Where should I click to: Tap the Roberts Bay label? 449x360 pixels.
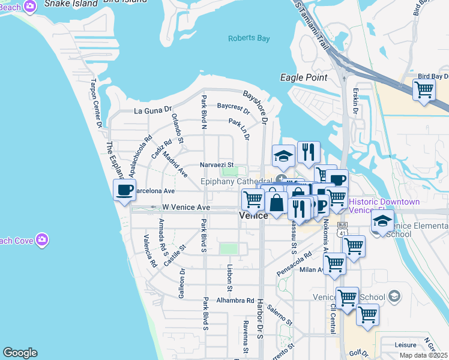pyautogui.click(x=249, y=39)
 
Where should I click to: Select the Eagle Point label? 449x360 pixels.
pyautogui.click(x=304, y=77)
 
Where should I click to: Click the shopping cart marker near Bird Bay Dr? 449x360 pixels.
pyautogui.click(x=424, y=91)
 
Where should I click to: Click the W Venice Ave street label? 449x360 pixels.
pyautogui.click(x=186, y=207)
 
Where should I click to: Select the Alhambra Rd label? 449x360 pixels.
pyautogui.click(x=236, y=301)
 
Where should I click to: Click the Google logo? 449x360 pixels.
pyautogui.click(x=20, y=353)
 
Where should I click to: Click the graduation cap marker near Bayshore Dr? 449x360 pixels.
pyautogui.click(x=283, y=157)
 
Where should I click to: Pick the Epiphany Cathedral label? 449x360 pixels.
pyautogui.click(x=237, y=181)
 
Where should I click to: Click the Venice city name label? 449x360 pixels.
pyautogui.click(x=253, y=215)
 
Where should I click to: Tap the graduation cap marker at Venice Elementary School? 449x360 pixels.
pyautogui.click(x=382, y=221)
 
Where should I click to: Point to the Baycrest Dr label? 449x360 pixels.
pyautogui.click(x=234, y=108)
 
